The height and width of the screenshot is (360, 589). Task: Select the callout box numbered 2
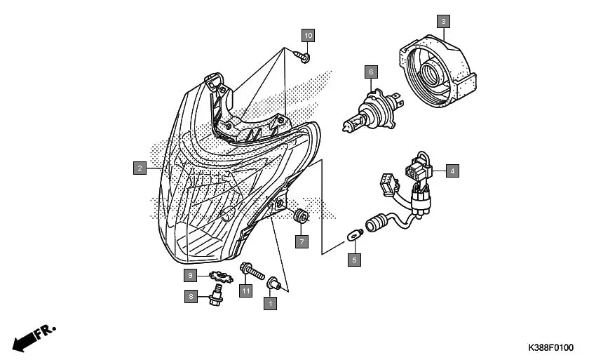(x=140, y=168)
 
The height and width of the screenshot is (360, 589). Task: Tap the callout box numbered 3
(x=442, y=21)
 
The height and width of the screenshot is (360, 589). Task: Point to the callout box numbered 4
(x=452, y=171)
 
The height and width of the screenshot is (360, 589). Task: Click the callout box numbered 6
(x=371, y=71)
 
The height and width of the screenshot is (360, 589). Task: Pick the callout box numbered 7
(x=301, y=241)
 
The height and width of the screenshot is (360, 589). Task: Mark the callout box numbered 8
(x=189, y=297)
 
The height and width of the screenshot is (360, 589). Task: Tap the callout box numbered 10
(x=309, y=34)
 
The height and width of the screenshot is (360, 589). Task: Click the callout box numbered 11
(x=245, y=291)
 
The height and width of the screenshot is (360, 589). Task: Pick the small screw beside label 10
(x=304, y=55)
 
